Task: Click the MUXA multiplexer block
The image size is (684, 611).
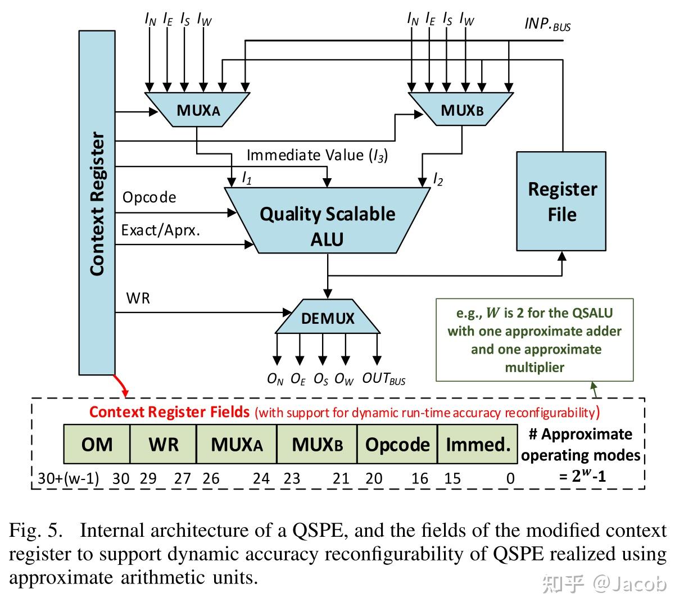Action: click(197, 110)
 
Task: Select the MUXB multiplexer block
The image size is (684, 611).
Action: click(461, 110)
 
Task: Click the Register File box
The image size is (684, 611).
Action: click(561, 201)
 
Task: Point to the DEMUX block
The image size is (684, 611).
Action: click(328, 318)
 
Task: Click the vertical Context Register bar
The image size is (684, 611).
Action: click(97, 202)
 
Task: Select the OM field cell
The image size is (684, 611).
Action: click(97, 445)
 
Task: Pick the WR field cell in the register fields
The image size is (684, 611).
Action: click(164, 445)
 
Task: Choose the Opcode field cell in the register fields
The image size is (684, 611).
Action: click(397, 445)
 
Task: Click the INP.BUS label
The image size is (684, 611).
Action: click(547, 24)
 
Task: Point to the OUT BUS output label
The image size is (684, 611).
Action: click(383, 379)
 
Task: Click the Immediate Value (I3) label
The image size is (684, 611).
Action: click(317, 155)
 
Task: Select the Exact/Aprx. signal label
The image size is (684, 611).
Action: click(161, 230)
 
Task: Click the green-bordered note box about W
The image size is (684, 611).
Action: click(534, 340)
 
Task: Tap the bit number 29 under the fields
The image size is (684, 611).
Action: click(148, 478)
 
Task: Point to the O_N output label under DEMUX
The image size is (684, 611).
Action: click(275, 379)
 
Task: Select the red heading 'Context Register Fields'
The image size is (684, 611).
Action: click(169, 412)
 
